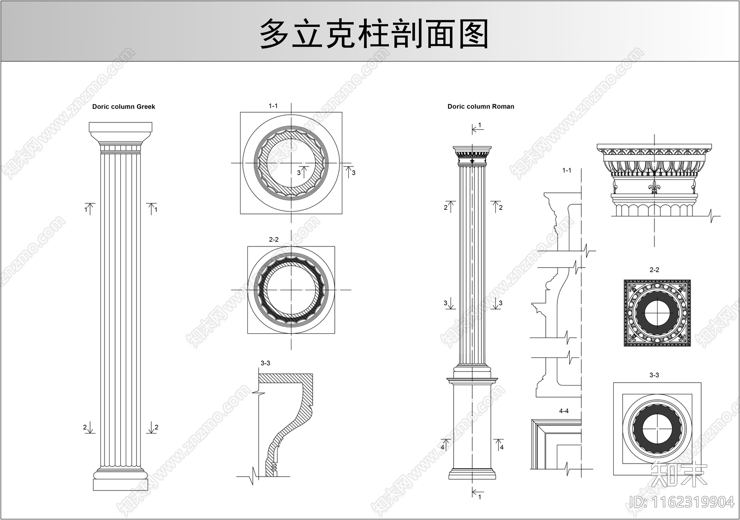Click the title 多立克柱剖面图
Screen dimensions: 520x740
(x=374, y=34)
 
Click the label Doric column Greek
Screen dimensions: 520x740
(x=123, y=107)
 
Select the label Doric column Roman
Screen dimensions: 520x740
(x=481, y=107)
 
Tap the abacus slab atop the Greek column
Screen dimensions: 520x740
(x=120, y=127)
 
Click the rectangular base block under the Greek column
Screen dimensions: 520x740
(x=120, y=484)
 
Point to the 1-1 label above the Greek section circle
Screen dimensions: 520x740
(x=273, y=106)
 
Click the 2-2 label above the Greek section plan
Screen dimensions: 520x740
(x=274, y=239)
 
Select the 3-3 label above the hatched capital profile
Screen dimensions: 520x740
(x=265, y=363)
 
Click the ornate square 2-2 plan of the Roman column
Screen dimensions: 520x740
(x=657, y=312)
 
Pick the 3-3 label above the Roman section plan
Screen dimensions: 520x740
(x=654, y=375)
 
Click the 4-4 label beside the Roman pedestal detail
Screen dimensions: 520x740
(x=564, y=411)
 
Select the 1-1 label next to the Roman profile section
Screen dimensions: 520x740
(x=567, y=171)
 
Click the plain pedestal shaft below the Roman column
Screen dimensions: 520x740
(x=472, y=425)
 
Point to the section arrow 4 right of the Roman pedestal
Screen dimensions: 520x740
(x=499, y=445)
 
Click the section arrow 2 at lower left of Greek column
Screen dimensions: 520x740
(x=88, y=427)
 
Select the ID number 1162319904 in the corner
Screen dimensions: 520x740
(x=682, y=502)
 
